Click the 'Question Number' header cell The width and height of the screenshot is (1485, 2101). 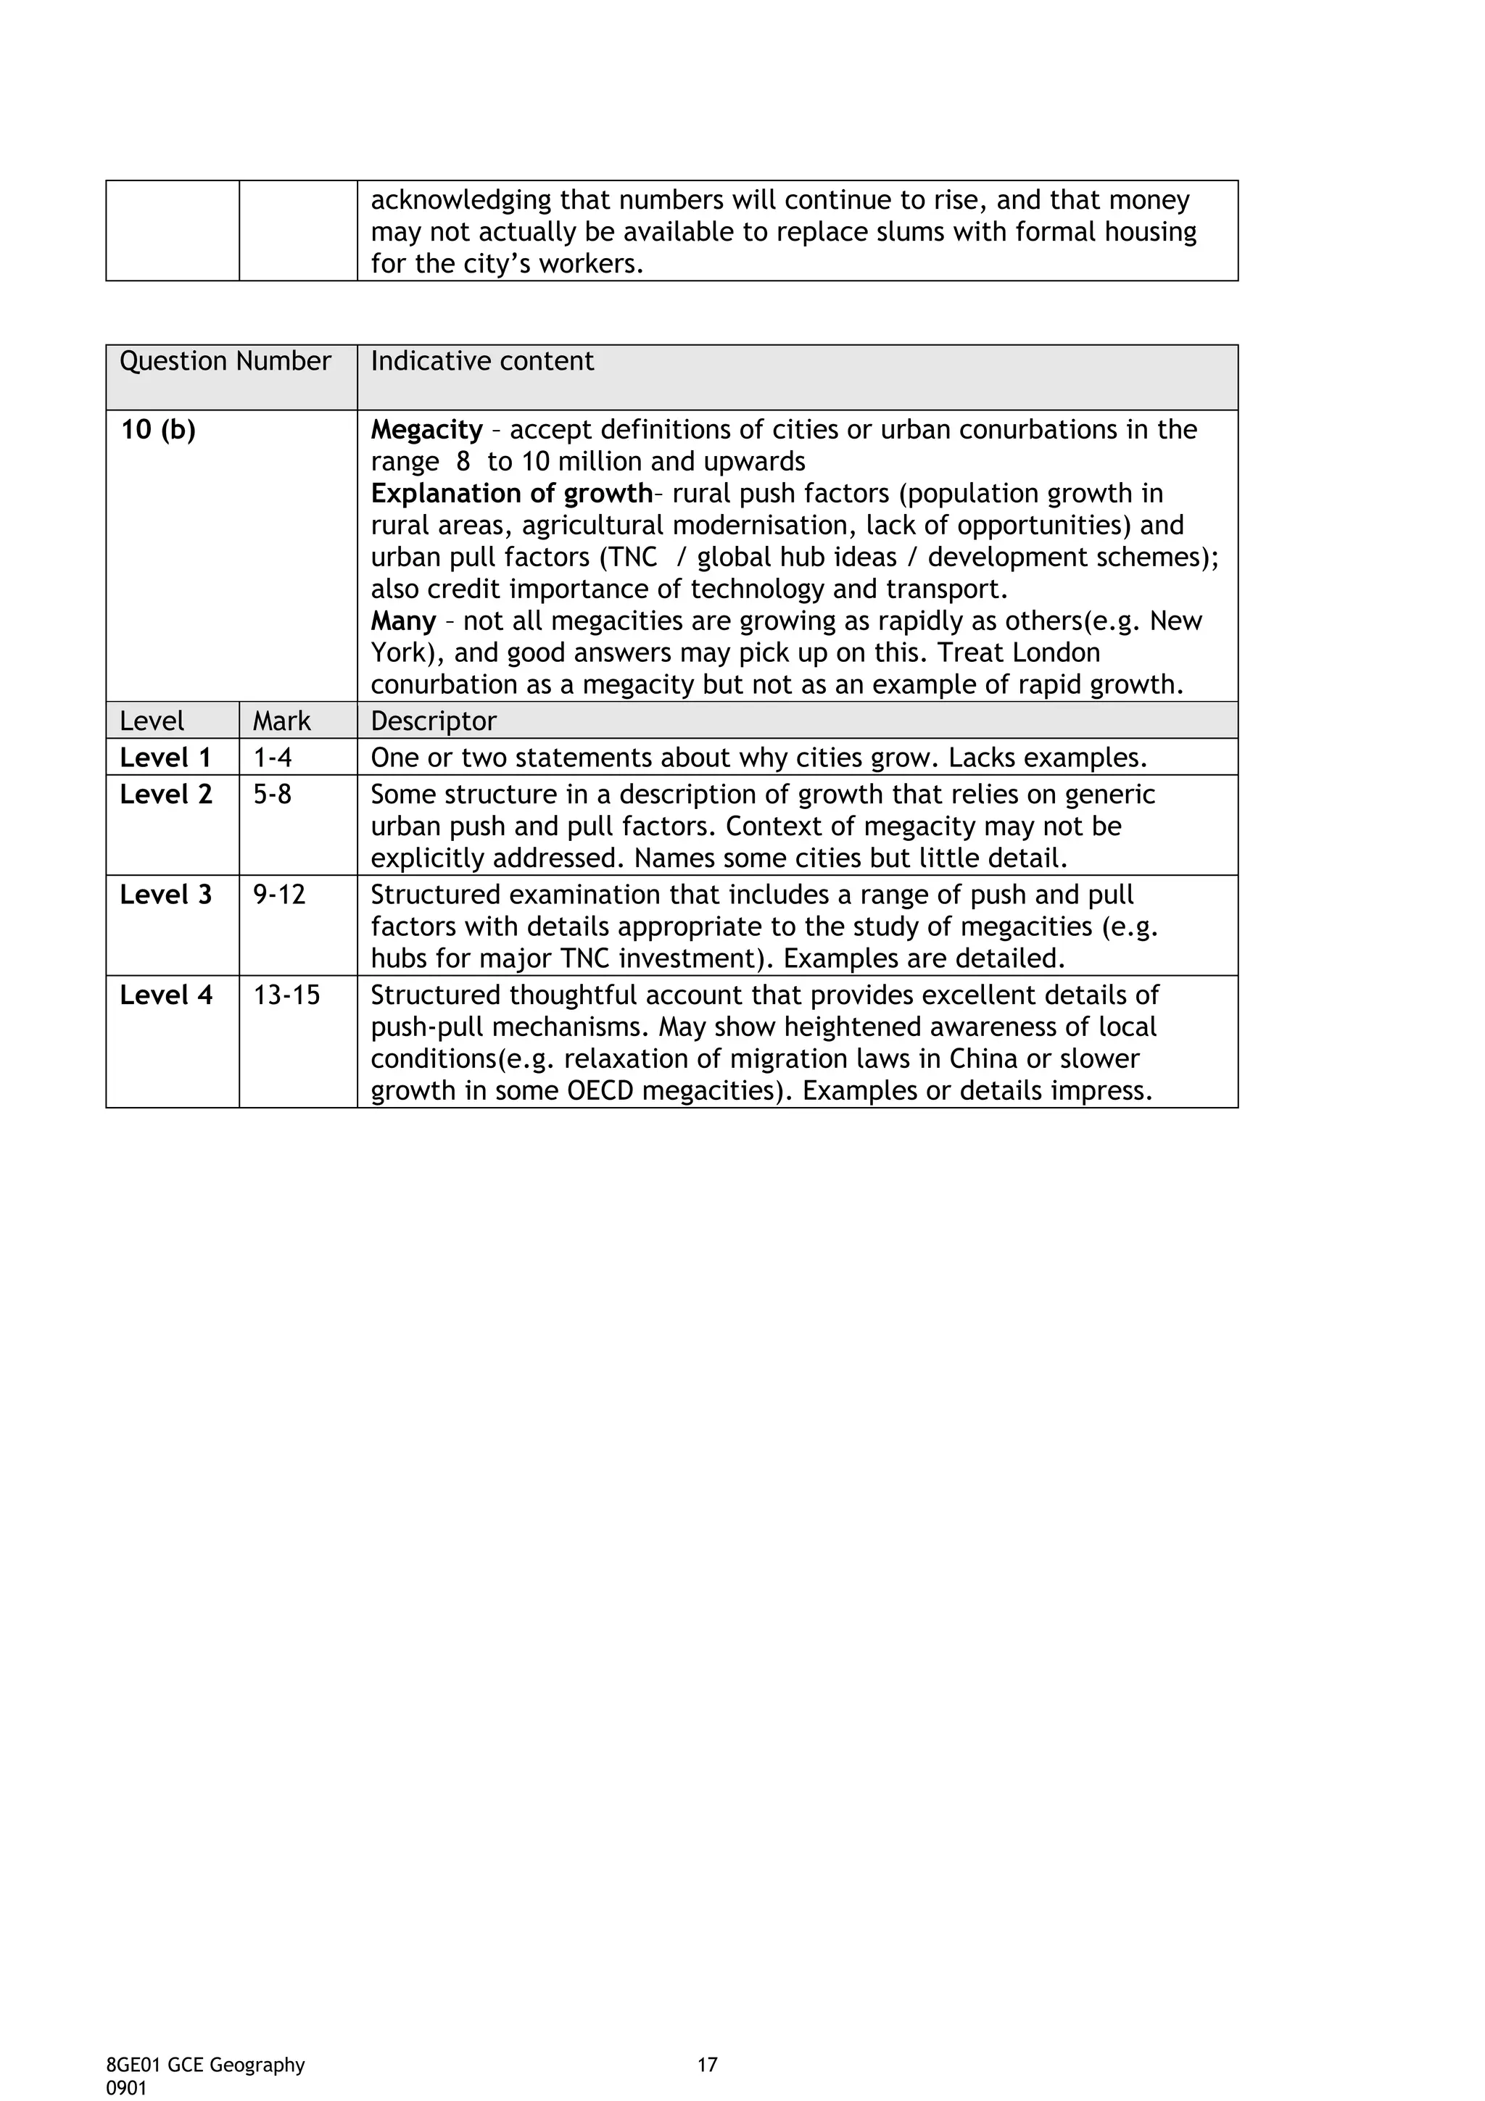coord(225,362)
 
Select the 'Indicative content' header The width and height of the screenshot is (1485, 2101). coord(482,362)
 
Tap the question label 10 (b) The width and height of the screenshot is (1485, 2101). coord(158,430)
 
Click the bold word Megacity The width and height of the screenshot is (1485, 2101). coord(426,430)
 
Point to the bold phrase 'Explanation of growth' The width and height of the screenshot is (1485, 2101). coord(510,494)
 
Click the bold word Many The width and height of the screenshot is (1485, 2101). coord(402,621)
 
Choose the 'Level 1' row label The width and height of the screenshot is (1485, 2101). coord(165,758)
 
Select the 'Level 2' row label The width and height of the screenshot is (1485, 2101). coord(165,795)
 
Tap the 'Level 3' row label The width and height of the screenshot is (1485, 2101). coord(165,895)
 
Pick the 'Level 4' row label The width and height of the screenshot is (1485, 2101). coord(165,995)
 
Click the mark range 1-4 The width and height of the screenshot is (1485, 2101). coord(273,758)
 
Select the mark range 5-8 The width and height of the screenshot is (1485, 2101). coord(273,795)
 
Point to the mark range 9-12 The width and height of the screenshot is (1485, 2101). coord(279,895)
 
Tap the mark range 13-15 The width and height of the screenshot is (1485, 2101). coord(286,995)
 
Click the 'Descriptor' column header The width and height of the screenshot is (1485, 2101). coord(434,721)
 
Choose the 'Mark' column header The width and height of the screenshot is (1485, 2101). coord(282,721)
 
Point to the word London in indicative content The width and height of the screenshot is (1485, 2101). coord(1055,653)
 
